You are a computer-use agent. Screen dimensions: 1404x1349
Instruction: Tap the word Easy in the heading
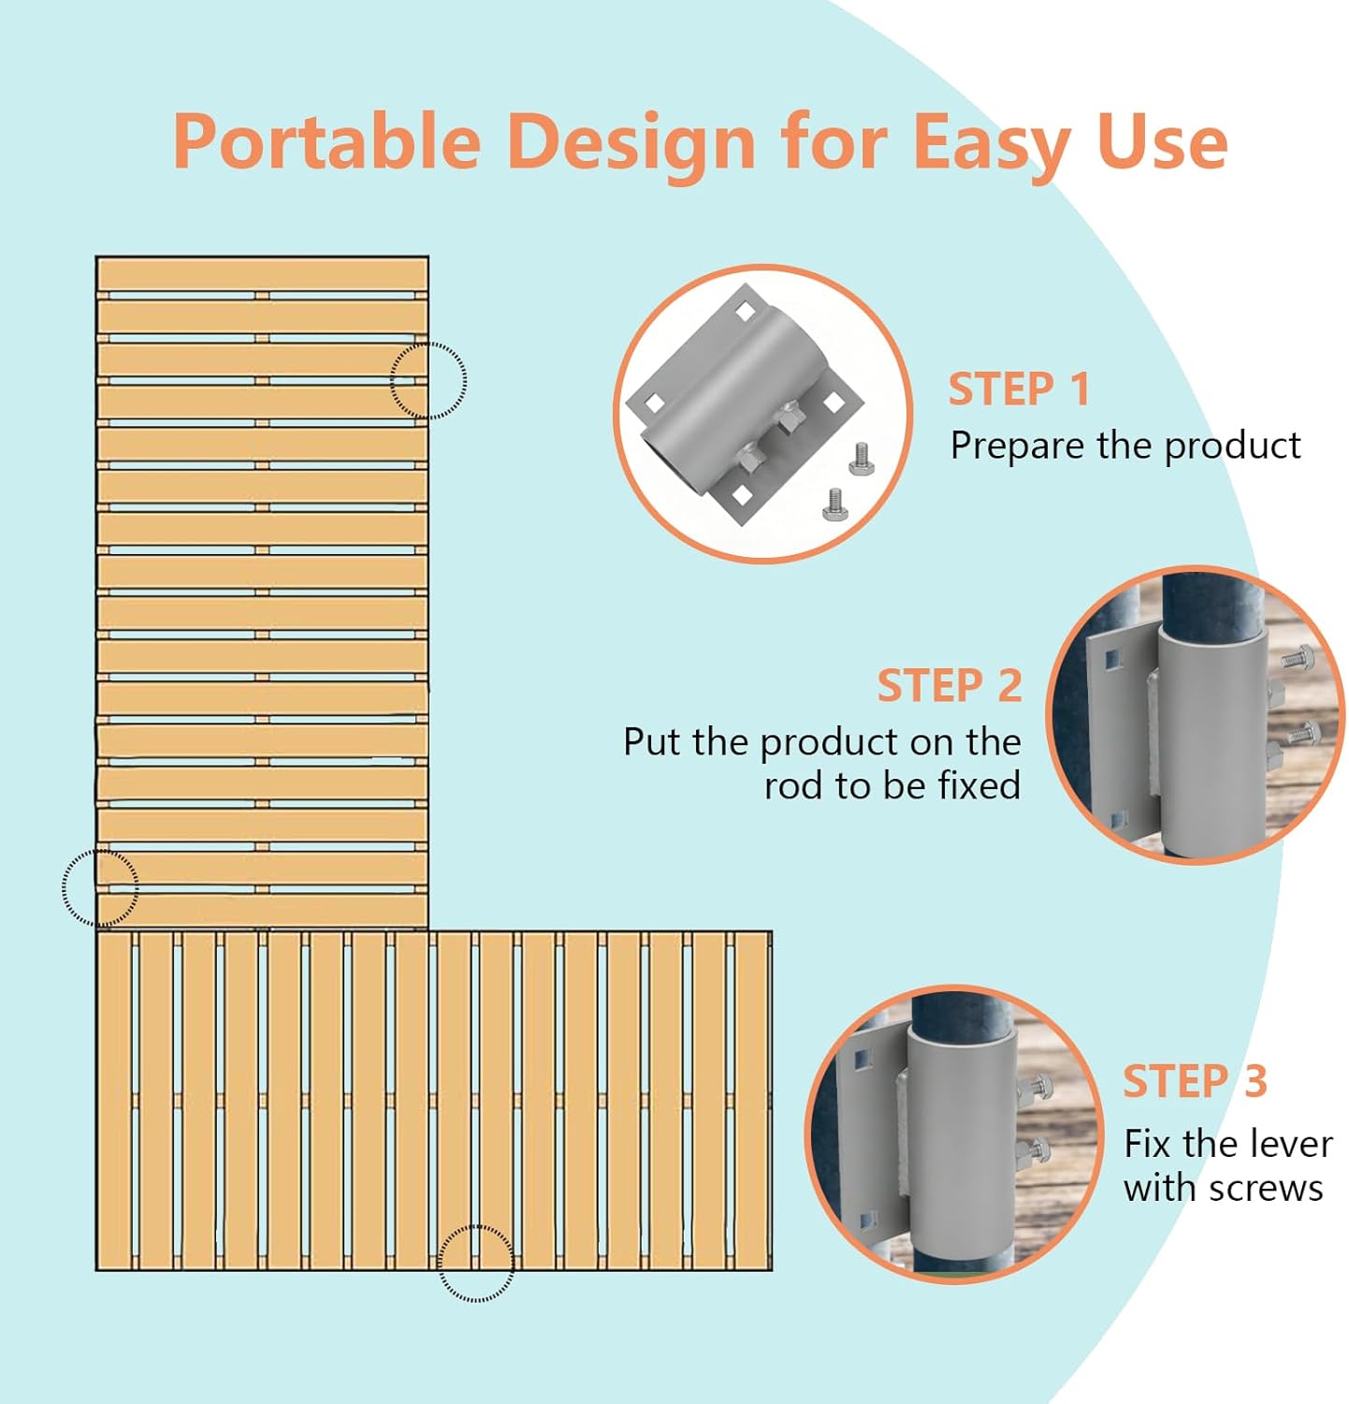point(993,143)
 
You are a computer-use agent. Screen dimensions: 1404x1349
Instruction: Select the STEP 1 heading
point(1019,389)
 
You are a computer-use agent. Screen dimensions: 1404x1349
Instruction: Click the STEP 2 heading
point(949,686)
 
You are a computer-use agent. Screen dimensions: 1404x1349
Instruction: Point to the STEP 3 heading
point(1195,1082)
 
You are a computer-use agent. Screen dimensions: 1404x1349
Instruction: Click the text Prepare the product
point(1124,446)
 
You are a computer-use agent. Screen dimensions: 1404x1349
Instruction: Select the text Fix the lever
point(1227,1144)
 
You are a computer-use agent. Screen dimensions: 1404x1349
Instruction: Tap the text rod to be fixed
point(892,785)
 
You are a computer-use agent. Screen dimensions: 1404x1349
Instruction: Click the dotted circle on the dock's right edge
point(428,380)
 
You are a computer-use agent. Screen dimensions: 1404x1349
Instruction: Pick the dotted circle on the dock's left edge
point(100,888)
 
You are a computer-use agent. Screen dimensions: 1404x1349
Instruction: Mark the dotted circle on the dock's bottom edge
point(476,1263)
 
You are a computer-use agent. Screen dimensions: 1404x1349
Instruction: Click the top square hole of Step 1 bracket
point(745,310)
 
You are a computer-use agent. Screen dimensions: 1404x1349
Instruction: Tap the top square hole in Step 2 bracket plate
point(1110,661)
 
